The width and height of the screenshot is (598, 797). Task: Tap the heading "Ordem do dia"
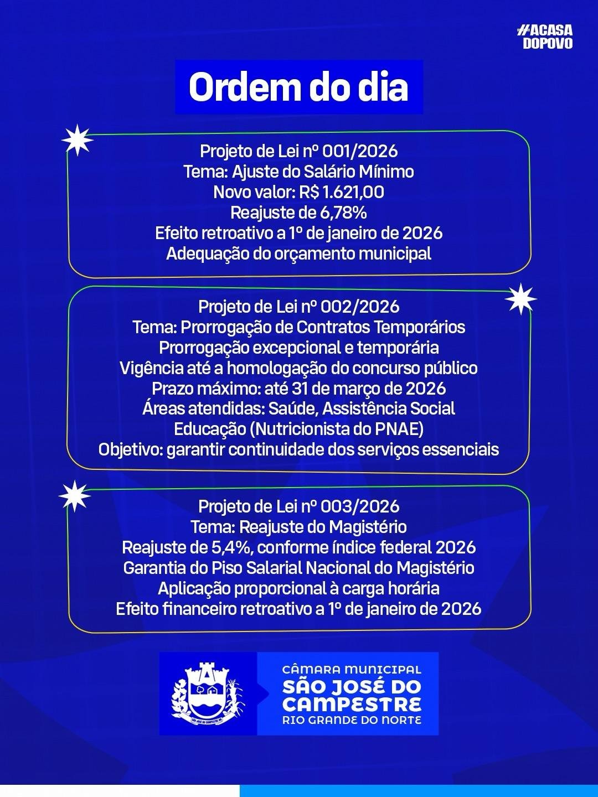298,87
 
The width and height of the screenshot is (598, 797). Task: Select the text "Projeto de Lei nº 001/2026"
298,151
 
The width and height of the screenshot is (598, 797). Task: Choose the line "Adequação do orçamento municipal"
298,254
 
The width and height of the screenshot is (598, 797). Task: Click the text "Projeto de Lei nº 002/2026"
298,307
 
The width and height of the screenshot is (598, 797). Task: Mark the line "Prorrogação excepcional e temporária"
298,348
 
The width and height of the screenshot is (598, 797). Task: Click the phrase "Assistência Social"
389,408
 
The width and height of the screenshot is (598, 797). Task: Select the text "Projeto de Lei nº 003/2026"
298,506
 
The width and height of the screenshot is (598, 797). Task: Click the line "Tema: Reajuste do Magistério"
298,527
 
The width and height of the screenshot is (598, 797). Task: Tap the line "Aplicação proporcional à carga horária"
298,588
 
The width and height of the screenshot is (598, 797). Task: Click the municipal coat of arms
208,694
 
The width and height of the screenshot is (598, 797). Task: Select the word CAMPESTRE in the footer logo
352,705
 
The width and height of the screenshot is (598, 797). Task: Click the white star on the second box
520,299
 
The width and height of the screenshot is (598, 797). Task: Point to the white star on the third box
74,495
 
